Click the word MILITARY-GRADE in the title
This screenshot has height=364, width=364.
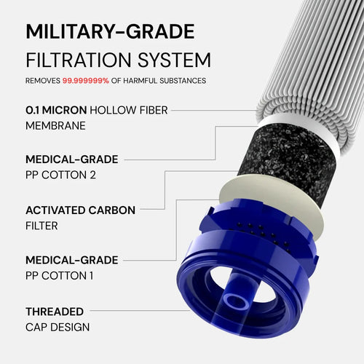110,32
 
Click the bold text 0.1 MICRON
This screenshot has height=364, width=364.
56,110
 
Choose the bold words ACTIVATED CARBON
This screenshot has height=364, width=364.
80,210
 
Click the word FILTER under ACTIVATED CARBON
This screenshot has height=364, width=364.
41,226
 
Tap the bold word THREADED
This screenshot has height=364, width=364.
55,311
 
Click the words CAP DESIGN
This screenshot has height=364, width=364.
58,327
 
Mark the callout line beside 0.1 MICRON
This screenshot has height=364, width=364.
218,110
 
